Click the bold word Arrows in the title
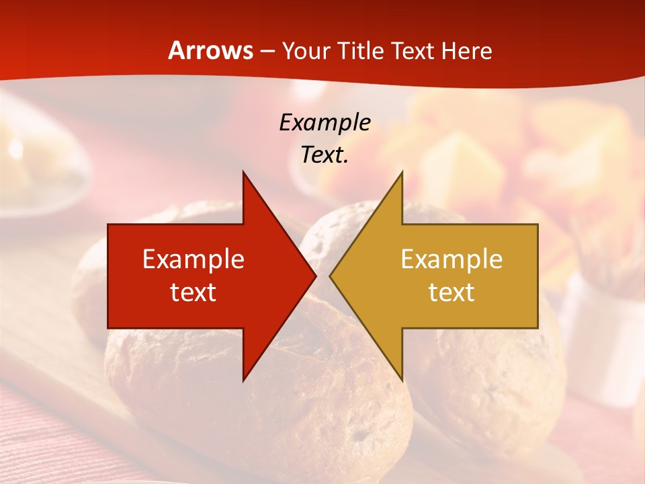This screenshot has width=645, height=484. click(x=210, y=50)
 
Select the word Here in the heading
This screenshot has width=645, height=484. click(x=466, y=50)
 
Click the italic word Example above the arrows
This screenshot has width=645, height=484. click(x=325, y=123)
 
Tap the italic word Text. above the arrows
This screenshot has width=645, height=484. click(x=325, y=155)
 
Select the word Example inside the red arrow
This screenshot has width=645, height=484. click(x=193, y=259)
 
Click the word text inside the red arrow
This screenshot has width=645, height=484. click(x=193, y=292)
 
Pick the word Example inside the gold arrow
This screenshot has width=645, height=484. click(x=451, y=259)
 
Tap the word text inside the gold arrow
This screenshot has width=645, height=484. click(x=451, y=292)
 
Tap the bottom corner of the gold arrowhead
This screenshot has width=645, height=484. click(x=402, y=379)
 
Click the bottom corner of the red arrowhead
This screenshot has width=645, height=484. click(x=243, y=379)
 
